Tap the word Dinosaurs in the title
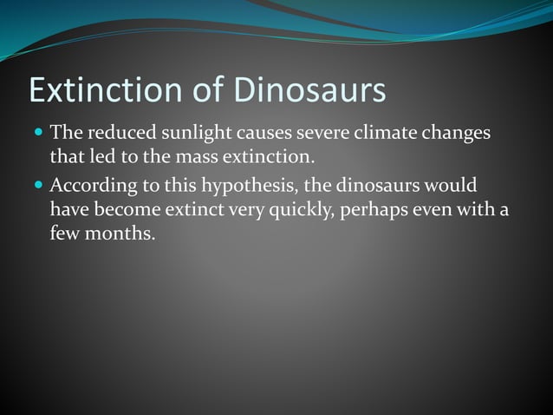[305, 90]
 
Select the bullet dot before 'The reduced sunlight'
[38, 135]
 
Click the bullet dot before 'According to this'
[38, 186]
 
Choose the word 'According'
[89, 186]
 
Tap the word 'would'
[447, 186]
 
